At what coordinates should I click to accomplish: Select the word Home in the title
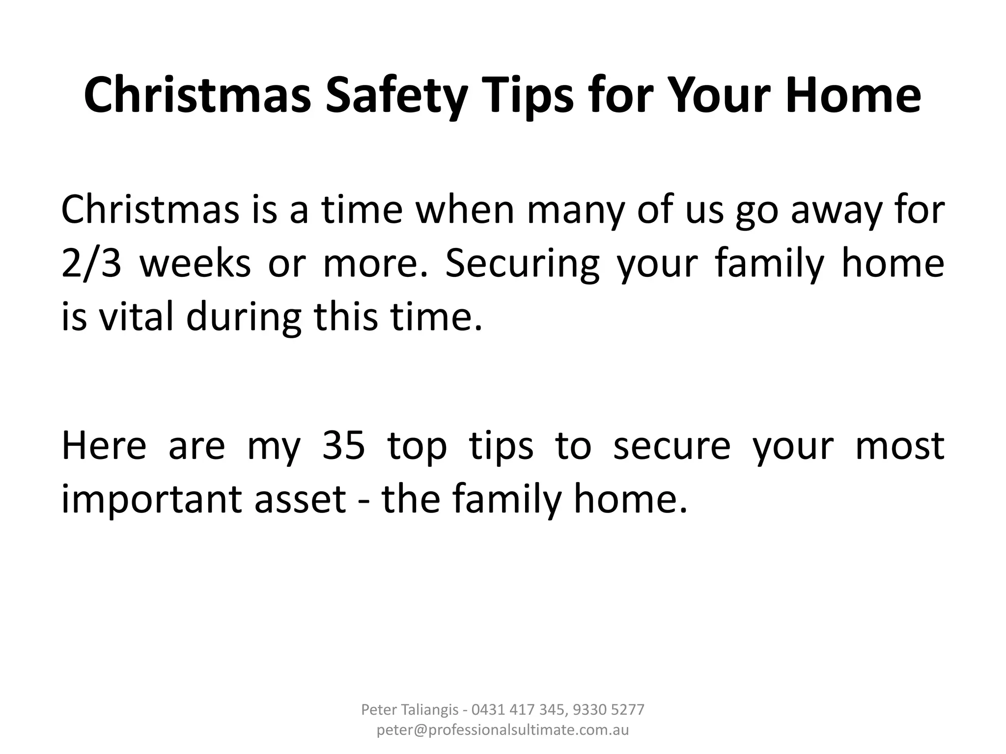coord(853,96)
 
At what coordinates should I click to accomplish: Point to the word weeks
coord(195,264)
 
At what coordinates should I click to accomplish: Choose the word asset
coord(300,499)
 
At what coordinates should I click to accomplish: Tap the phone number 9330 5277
coord(609,709)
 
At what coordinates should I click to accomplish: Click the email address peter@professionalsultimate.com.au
coord(503,730)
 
